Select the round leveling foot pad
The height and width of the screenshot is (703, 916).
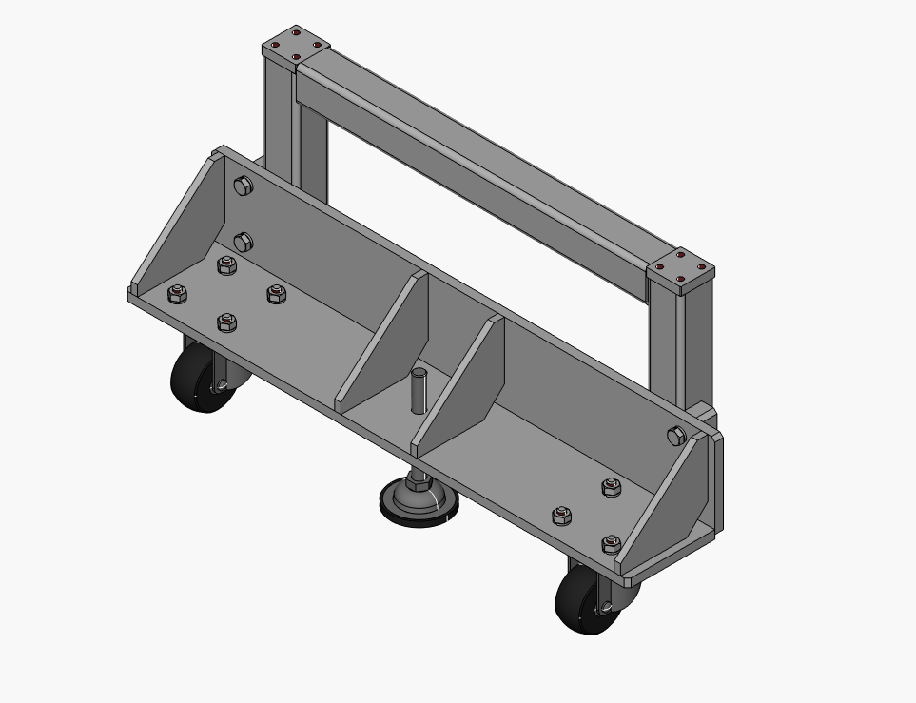(x=419, y=503)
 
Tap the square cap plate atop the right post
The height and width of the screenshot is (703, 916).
(x=681, y=268)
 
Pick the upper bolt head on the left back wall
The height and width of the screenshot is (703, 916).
(x=243, y=186)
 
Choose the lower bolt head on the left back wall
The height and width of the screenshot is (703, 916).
(x=243, y=242)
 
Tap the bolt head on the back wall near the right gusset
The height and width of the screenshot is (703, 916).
(x=676, y=437)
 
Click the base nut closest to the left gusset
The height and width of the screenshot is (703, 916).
(x=177, y=294)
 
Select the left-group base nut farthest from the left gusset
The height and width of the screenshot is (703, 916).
(x=277, y=294)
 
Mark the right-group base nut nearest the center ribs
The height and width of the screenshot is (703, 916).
(x=562, y=517)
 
